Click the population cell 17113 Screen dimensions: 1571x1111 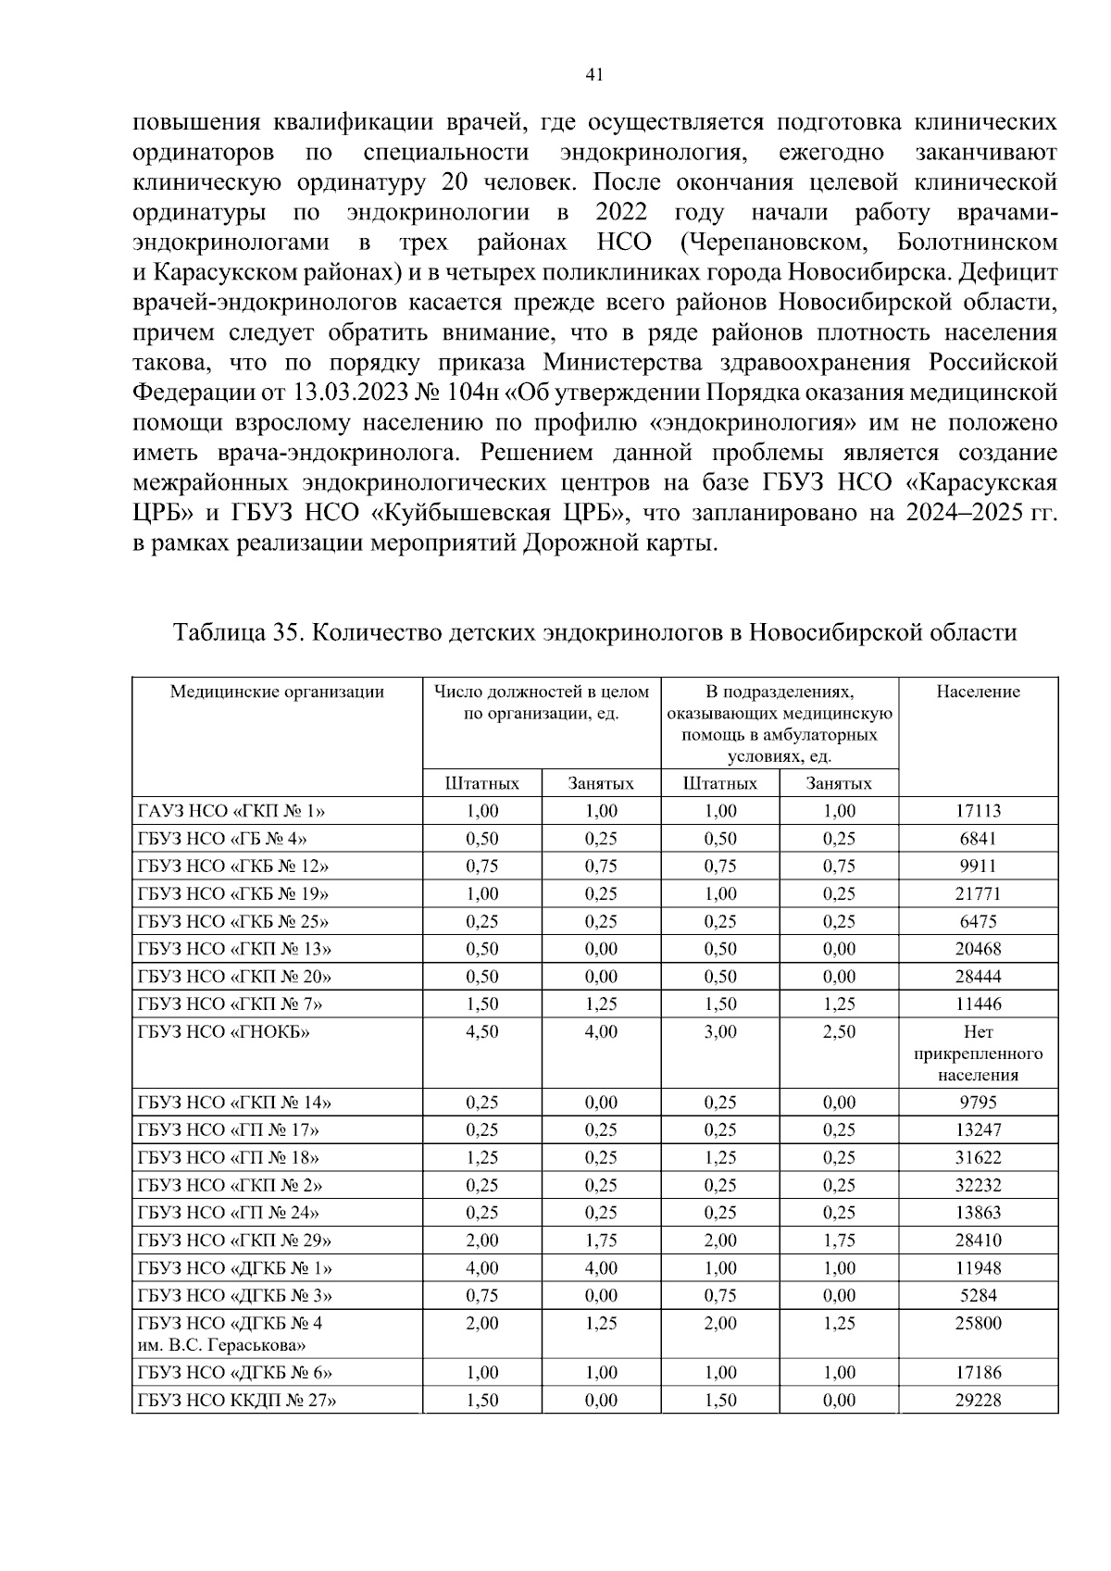pos(978,811)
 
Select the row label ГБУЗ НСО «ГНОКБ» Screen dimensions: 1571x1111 pos(223,1031)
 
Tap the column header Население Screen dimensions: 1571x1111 pos(978,692)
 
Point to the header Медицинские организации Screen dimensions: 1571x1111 pos(277,692)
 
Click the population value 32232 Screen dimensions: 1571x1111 pos(978,1185)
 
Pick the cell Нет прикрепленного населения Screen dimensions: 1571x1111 pos(978,1054)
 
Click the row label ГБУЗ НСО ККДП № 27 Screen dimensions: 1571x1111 pos(236,1401)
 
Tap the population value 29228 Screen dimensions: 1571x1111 pos(978,1401)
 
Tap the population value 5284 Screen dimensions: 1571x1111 pos(978,1295)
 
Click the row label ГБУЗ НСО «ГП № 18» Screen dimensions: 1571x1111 pos(229,1157)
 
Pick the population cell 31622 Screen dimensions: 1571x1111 pos(978,1157)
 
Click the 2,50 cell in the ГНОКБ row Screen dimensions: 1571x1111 pos(839,1031)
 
